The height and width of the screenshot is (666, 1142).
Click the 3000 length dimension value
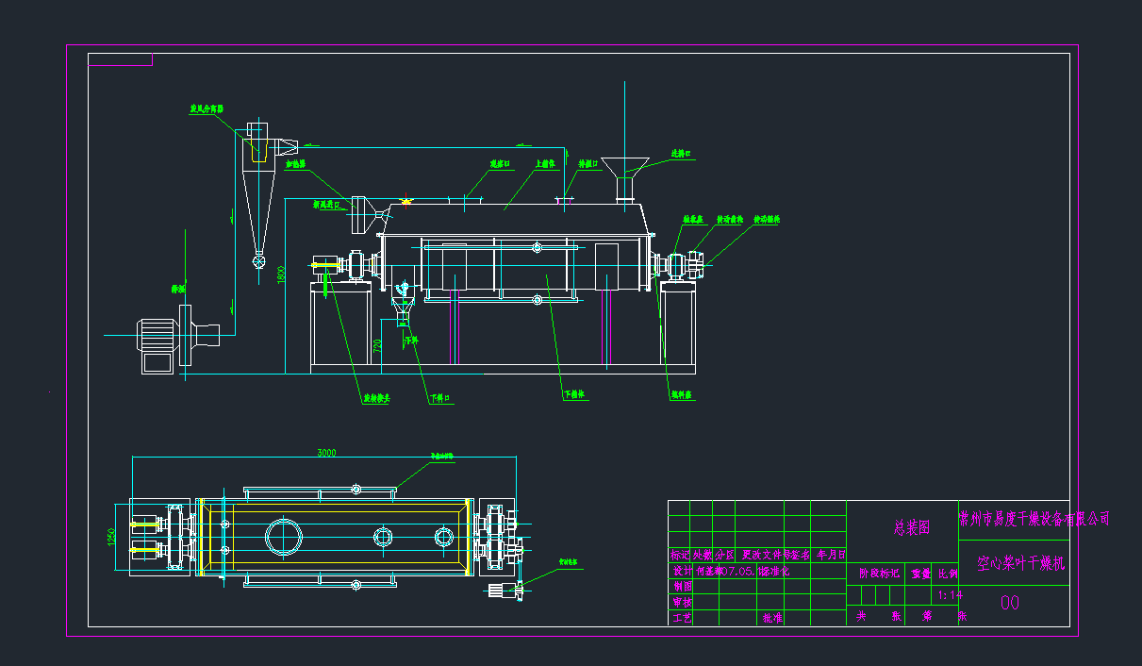click(x=325, y=454)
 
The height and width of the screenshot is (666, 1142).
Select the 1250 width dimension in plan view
click(x=111, y=537)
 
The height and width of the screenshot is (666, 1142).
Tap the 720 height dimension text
click(x=377, y=346)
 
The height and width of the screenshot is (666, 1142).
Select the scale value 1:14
click(x=950, y=595)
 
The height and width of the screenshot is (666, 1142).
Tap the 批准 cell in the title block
click(x=772, y=618)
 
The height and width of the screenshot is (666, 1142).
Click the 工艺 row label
click(x=680, y=618)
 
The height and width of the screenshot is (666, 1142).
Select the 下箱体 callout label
click(x=574, y=394)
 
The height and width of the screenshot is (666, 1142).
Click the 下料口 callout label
click(x=439, y=398)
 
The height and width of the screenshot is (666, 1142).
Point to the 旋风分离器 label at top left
click(x=207, y=109)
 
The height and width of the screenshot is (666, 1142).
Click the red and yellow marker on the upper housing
click(x=406, y=200)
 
